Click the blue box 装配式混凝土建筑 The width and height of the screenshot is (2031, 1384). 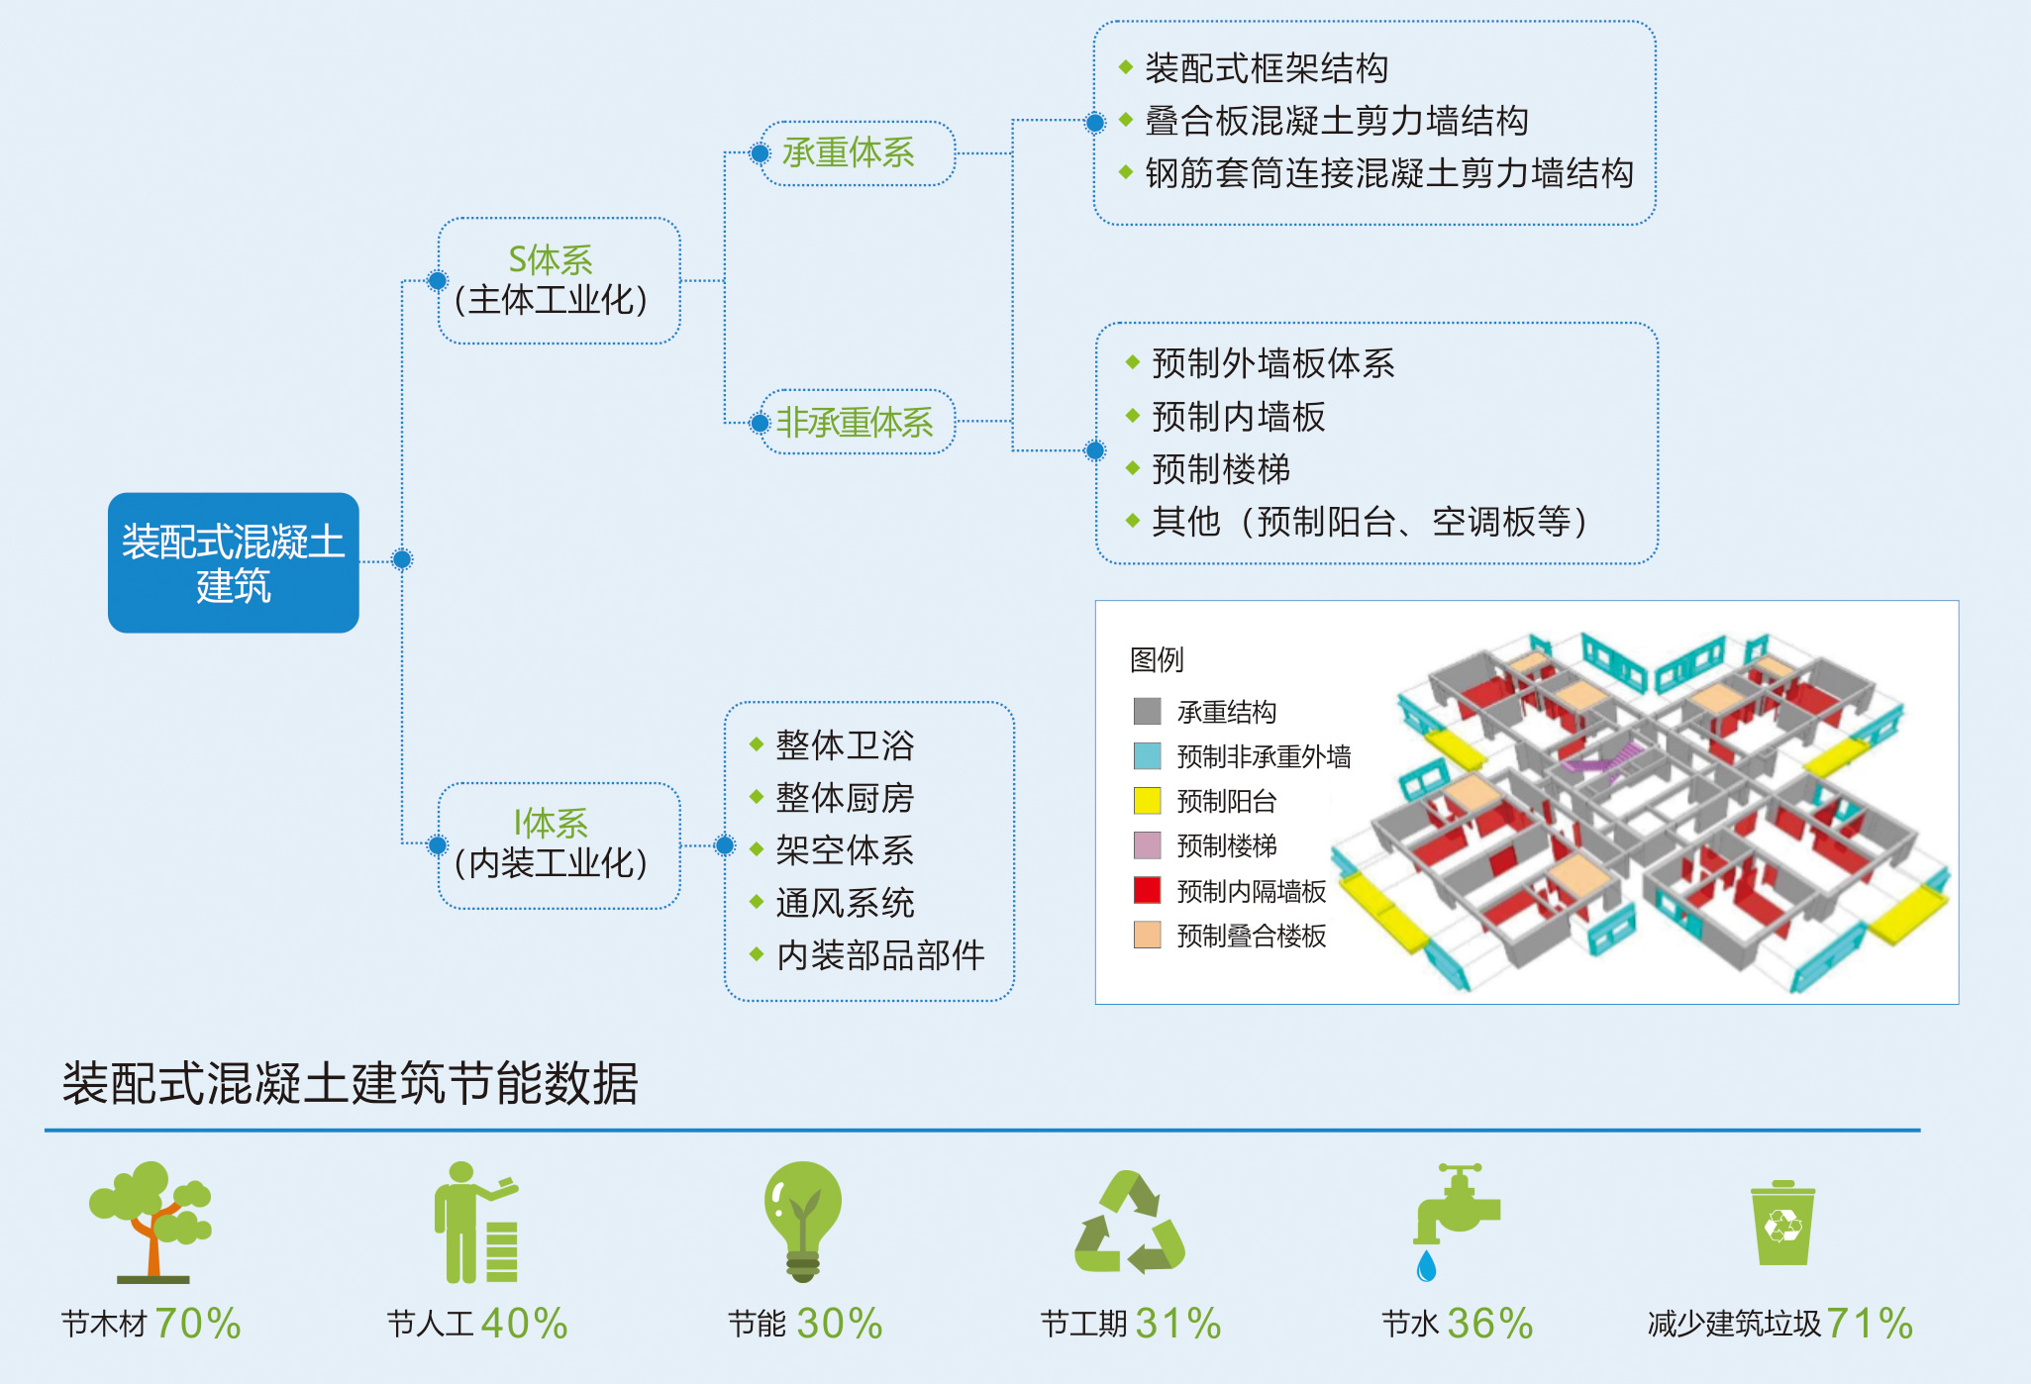pyautogui.click(x=234, y=562)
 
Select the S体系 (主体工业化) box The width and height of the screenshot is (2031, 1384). pyautogui.click(x=559, y=281)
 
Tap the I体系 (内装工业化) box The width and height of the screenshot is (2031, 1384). pyautogui.click(x=559, y=845)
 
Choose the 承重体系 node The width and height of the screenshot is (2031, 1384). pyautogui.click(x=856, y=153)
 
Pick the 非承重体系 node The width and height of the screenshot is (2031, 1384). pyautogui.click(x=856, y=423)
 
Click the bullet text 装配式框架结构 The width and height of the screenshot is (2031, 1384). pyautogui.click(x=1267, y=68)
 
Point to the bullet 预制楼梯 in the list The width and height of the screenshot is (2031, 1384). pyautogui.click(x=1221, y=469)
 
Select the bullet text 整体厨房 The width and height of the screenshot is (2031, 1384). pyautogui.click(x=845, y=798)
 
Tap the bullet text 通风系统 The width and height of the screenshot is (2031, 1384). pyautogui.click(x=845, y=903)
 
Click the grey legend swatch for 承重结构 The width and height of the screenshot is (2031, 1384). pyautogui.click(x=1147, y=711)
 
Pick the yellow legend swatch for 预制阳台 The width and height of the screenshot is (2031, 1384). pyautogui.click(x=1147, y=800)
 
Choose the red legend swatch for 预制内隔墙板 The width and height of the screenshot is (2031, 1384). pyautogui.click(x=1147, y=890)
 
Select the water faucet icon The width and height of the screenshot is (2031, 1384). pyautogui.click(x=1455, y=1222)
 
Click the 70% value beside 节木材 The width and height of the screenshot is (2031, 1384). pyautogui.click(x=198, y=1324)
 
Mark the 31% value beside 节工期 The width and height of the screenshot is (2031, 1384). pyautogui.click(x=1178, y=1324)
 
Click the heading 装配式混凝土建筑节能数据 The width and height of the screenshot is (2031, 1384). pyautogui.click(x=351, y=1083)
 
